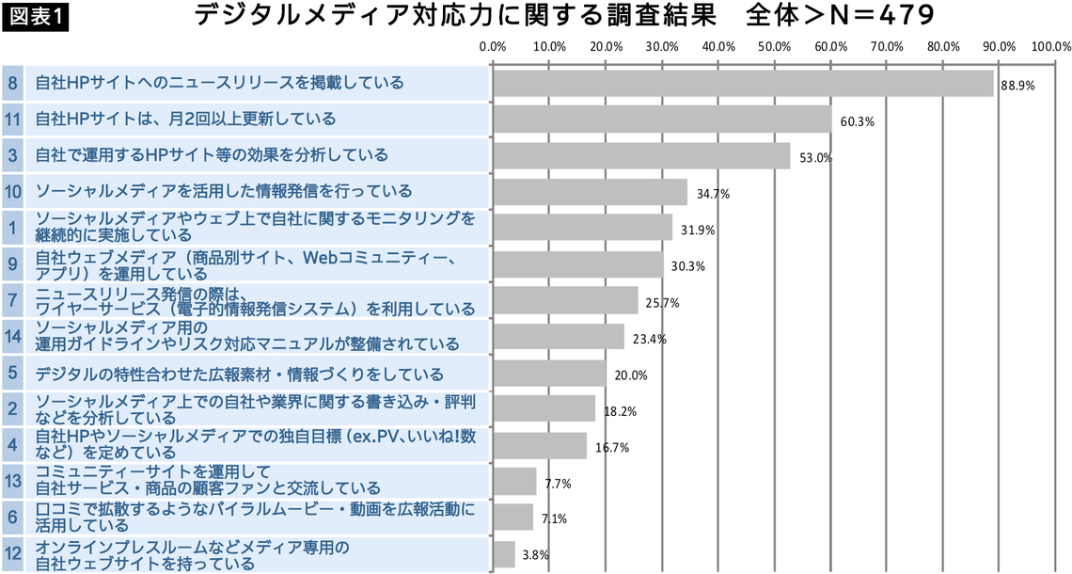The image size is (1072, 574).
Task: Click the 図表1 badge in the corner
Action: (x=36, y=18)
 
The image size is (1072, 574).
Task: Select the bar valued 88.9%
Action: (x=743, y=84)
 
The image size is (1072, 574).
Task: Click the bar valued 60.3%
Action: (x=662, y=120)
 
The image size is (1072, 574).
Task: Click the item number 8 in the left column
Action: (x=12, y=83)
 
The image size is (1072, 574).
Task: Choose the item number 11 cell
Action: (x=12, y=119)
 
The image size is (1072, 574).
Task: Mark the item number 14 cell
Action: (x=12, y=336)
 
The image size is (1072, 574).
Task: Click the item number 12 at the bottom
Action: (x=12, y=554)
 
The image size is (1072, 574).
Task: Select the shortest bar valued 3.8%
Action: (x=504, y=554)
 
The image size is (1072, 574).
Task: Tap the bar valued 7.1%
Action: (x=513, y=518)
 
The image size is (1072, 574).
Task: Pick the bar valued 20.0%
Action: (x=549, y=374)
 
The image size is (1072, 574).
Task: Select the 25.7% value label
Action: (x=662, y=303)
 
